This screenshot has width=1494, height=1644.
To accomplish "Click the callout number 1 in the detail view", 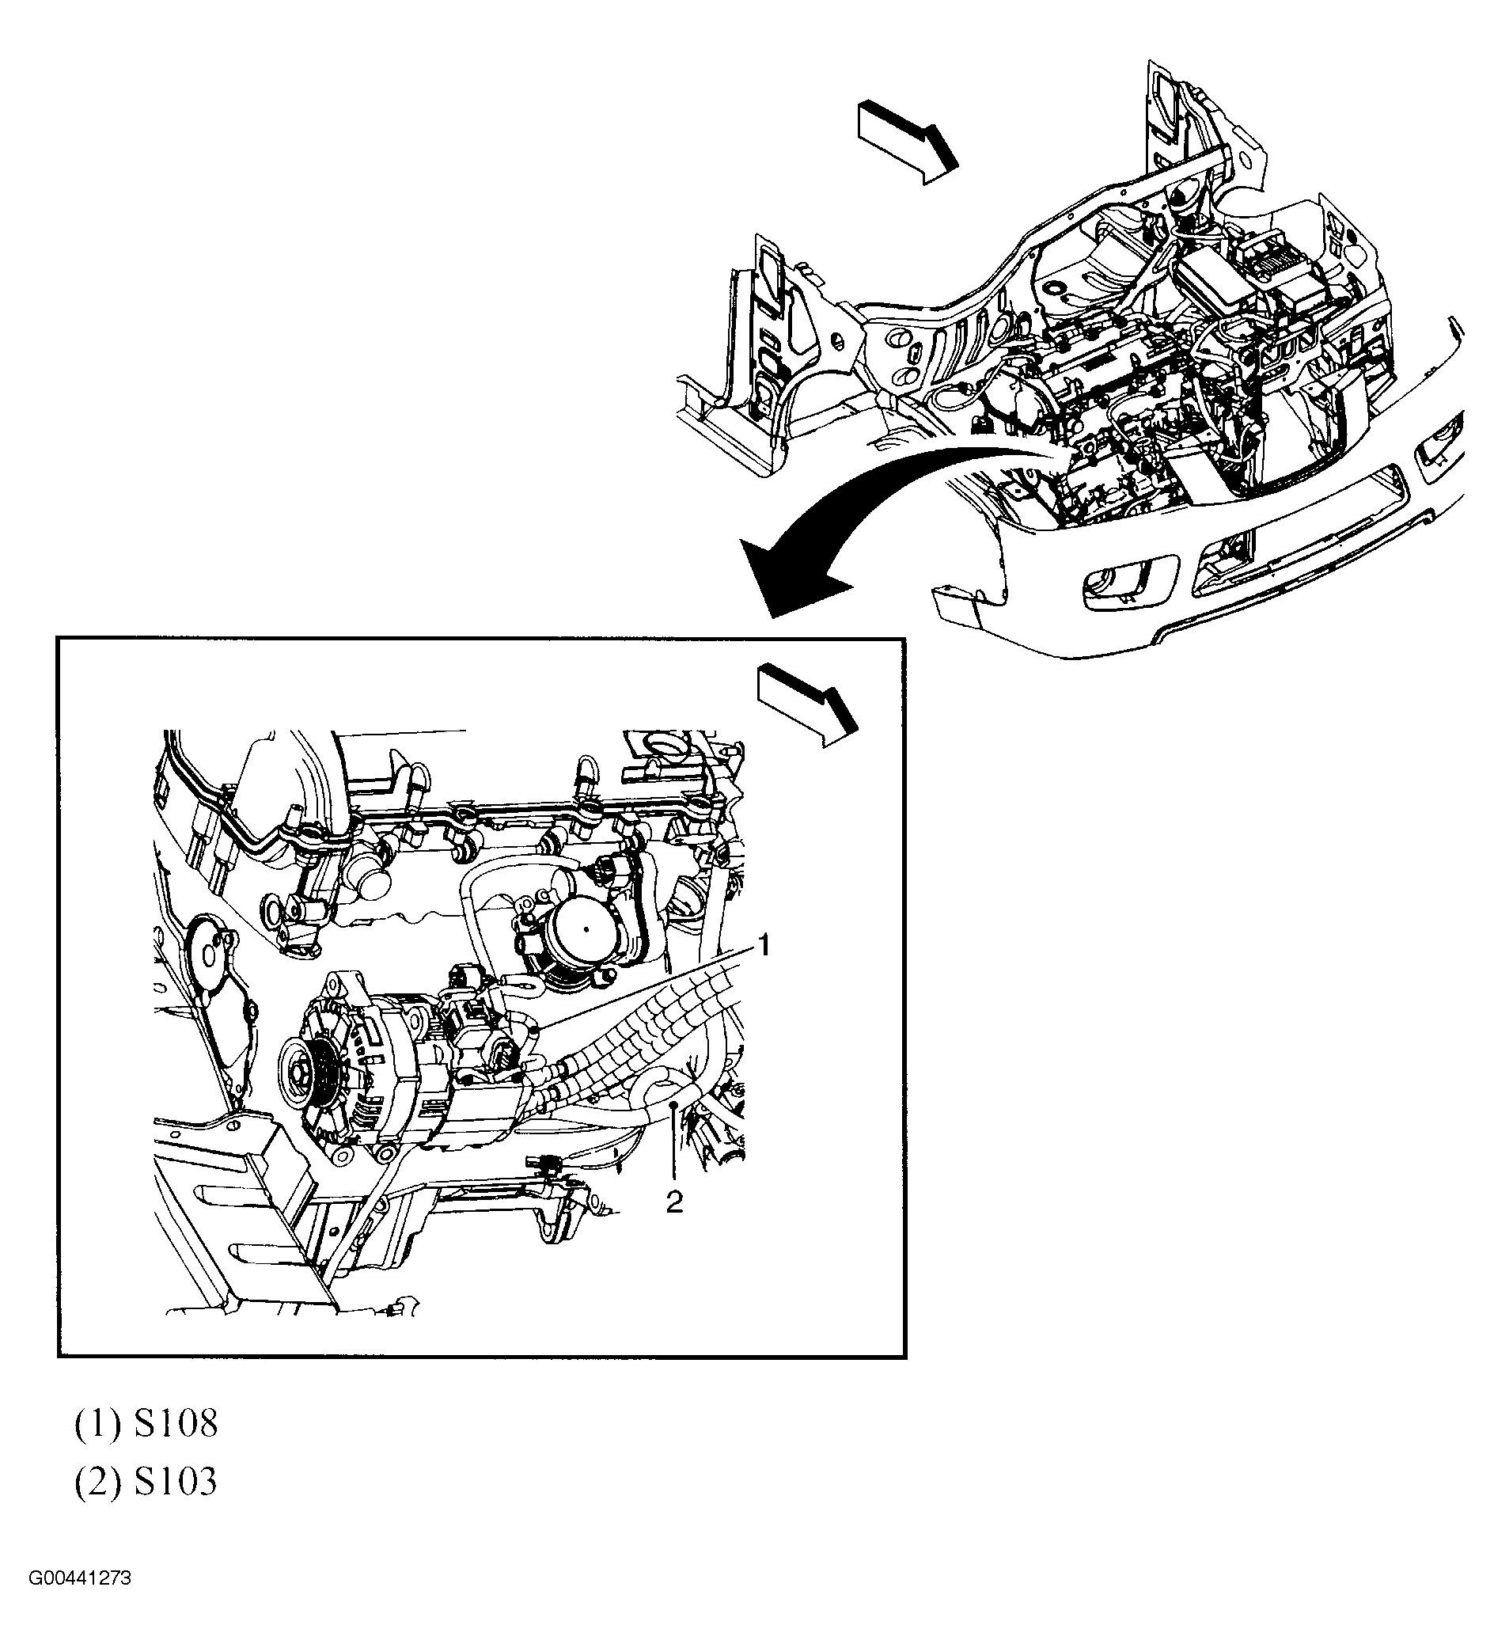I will (x=764, y=946).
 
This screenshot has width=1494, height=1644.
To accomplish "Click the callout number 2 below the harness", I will (x=674, y=1202).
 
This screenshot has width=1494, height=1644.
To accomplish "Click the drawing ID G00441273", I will (x=80, y=1600).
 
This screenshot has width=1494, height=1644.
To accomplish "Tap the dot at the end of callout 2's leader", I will (x=674, y=1105).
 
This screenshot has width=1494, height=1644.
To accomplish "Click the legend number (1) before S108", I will (x=98, y=1424).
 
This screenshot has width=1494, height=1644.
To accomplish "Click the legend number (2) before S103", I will (x=98, y=1482).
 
